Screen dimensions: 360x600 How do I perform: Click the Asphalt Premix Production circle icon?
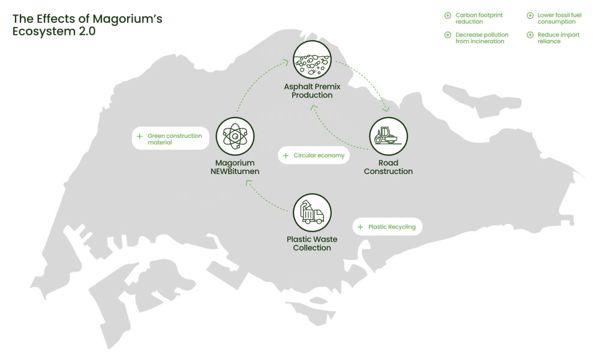[312, 60]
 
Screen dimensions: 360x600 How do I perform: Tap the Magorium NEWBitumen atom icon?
[235, 136]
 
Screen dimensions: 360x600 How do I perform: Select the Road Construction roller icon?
[388, 136]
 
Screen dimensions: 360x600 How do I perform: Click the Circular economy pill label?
[314, 155]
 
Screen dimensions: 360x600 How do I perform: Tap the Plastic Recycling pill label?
[388, 227]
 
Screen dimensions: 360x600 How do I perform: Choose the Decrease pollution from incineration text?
[482, 38]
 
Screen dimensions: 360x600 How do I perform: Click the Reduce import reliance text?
[558, 38]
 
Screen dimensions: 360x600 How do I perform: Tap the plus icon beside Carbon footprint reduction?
[447, 15]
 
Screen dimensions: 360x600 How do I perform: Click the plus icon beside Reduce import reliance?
[530, 35]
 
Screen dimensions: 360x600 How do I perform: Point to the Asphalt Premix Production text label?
[312, 91]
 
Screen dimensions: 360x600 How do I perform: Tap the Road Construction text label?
[388, 167]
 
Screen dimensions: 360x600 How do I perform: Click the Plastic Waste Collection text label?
[312, 244]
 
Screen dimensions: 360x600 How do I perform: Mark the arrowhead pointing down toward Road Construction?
[386, 109]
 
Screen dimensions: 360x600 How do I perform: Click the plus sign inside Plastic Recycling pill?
[360, 227]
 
